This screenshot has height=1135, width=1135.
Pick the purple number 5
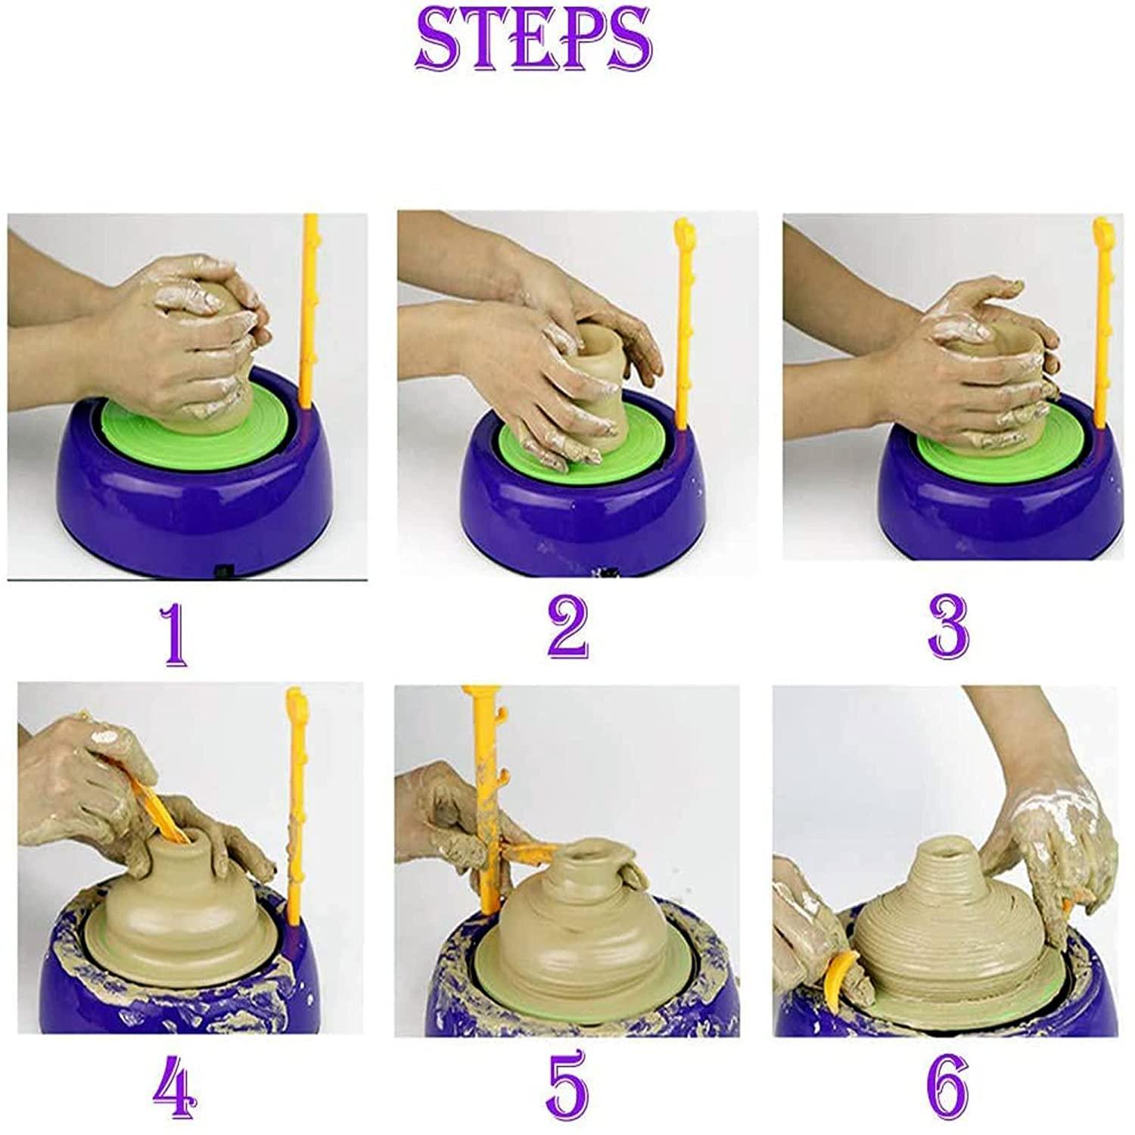tap(567, 1087)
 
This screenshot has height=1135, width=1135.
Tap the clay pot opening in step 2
tap(598, 333)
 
